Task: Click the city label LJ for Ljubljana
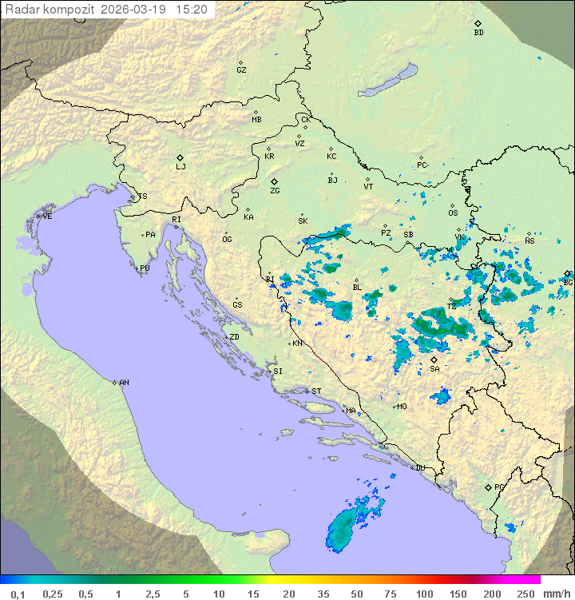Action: coord(180,167)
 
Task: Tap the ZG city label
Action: coord(275,191)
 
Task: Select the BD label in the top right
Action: coord(478,33)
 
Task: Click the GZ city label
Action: coord(241,70)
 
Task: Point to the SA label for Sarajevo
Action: coord(434,369)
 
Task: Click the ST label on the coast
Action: coord(316,391)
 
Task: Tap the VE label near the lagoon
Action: coord(47,217)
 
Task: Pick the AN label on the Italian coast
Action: coord(124,383)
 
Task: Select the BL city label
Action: coord(357,288)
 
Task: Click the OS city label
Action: coord(453,213)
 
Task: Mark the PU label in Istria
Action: coord(145,268)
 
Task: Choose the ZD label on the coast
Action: coord(234,337)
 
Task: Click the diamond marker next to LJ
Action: coord(180,157)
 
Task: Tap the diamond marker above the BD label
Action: coord(478,23)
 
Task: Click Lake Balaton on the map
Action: coord(387,81)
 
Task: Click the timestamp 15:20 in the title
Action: coord(192,10)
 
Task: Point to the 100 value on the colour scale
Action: coord(424,594)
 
